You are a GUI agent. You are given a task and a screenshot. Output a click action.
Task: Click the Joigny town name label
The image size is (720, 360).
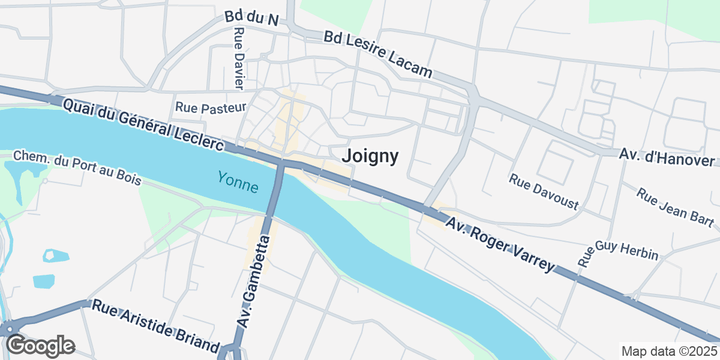tap(370, 157)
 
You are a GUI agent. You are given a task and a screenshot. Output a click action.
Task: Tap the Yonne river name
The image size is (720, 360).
tap(238, 182)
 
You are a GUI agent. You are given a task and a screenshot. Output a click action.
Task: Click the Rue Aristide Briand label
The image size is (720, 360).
tap(155, 326)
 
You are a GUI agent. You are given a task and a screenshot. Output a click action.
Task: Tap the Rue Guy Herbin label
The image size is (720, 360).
tap(618, 254)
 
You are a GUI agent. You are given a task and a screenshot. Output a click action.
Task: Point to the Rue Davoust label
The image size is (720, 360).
tap(544, 192)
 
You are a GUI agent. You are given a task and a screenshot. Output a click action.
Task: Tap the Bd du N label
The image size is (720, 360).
tap(252, 18)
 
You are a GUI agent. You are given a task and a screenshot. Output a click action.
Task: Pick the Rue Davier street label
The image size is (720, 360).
tap(239, 59)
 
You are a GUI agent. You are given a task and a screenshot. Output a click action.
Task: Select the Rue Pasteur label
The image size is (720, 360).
tap(211, 108)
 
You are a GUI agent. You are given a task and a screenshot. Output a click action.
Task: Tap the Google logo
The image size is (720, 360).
tap(41, 346)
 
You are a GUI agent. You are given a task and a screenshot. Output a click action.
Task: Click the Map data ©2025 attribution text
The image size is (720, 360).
tap(669, 351)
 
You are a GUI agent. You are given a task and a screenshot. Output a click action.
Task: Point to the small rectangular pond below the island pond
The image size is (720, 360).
tap(43, 280)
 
